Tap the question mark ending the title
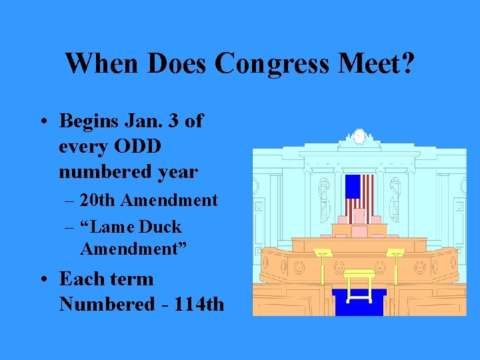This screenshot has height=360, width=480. (408, 63)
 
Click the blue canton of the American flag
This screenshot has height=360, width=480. (352, 187)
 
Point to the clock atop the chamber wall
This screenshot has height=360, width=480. (359, 137)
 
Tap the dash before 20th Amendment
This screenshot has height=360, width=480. (70, 201)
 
